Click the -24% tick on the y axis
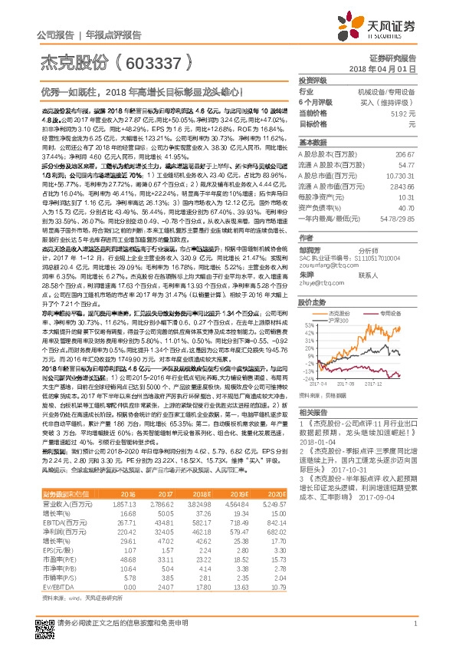[x=307, y=378]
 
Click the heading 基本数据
[x=312, y=143]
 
